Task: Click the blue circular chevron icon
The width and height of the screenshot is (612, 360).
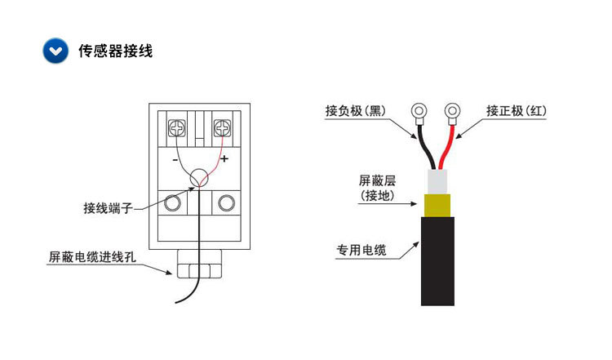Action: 55,51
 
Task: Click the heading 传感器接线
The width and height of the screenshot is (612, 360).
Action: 115,51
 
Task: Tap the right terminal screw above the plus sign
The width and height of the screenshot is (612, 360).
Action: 221,128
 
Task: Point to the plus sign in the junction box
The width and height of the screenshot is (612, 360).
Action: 224,158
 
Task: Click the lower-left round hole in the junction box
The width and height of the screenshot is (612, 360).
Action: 172,204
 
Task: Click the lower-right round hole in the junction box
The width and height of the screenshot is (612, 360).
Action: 224,204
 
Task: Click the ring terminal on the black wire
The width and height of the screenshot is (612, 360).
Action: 419,110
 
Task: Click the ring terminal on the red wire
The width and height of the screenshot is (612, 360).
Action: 451,110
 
